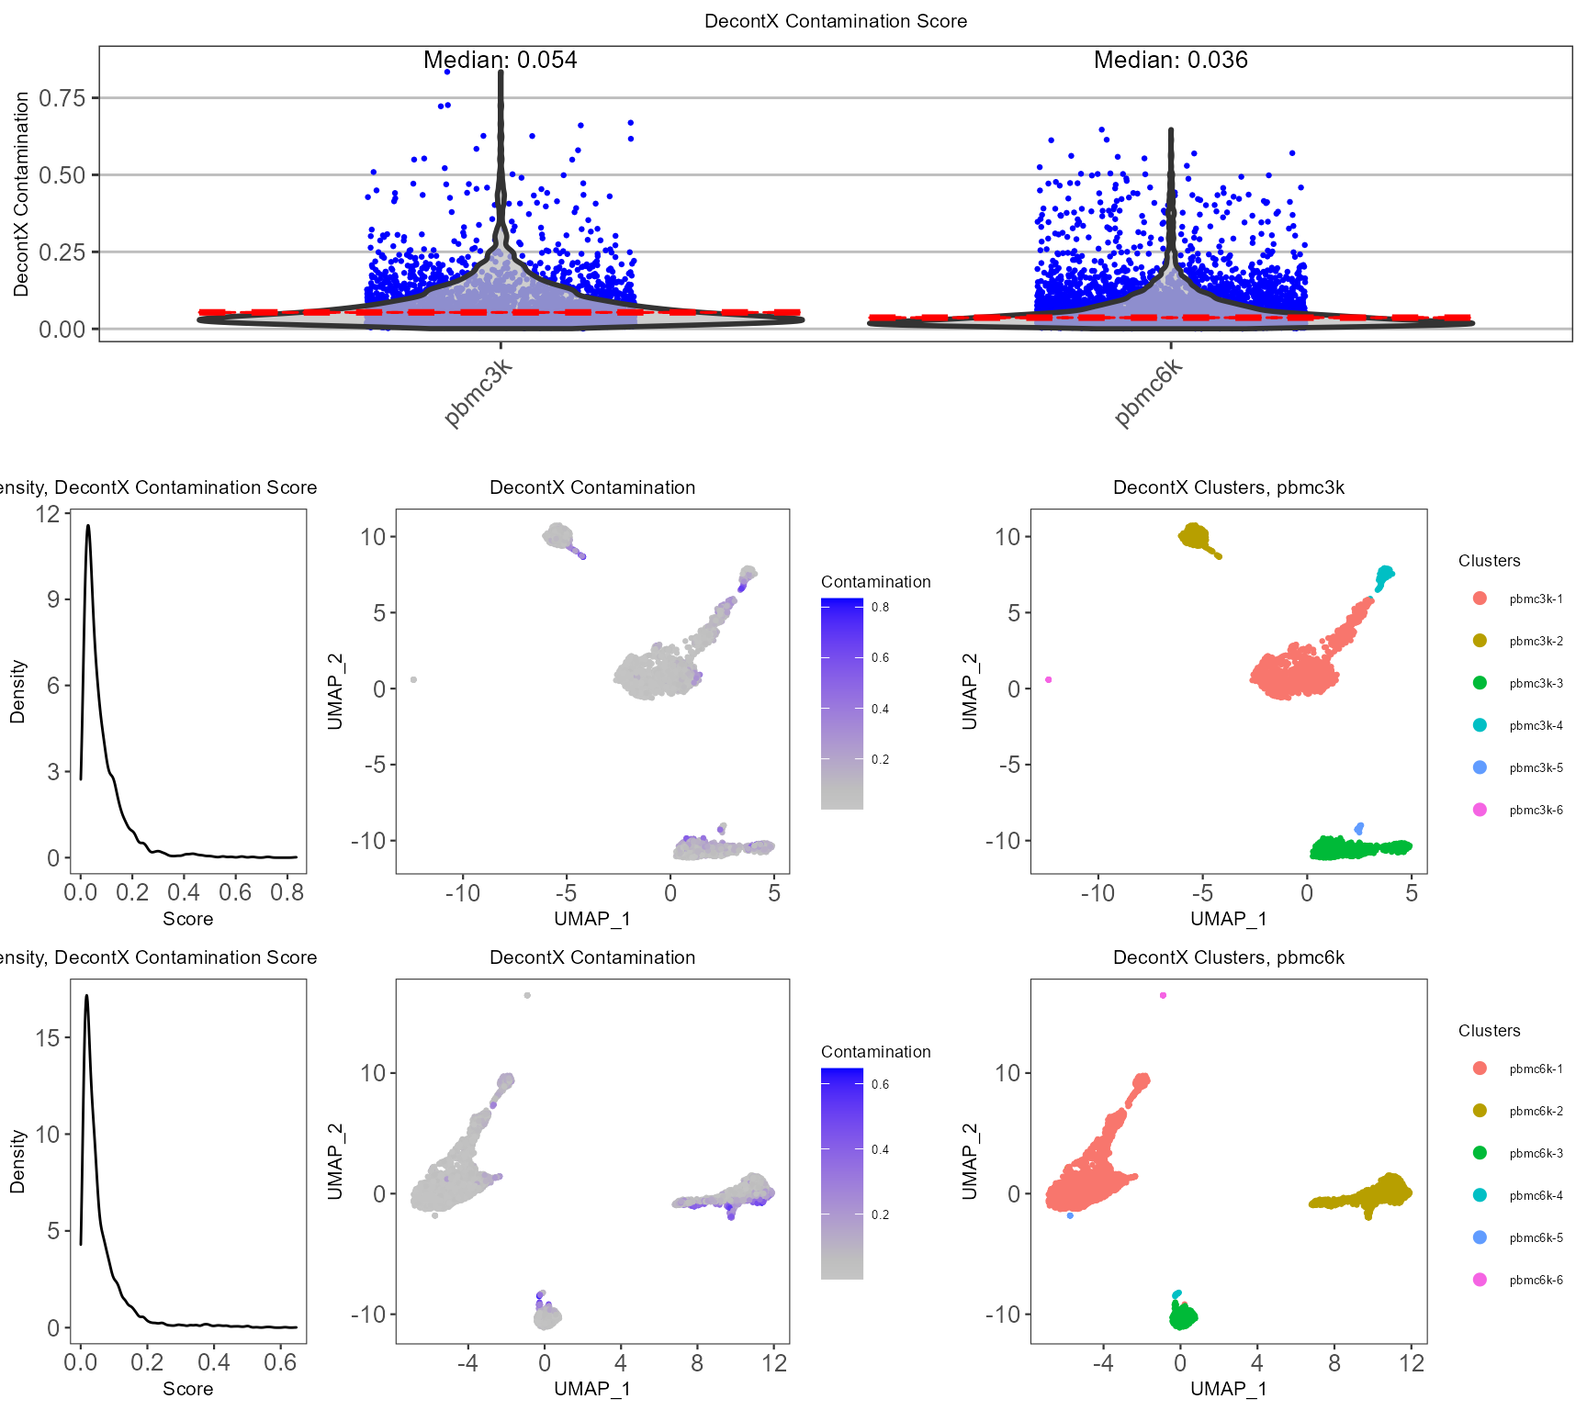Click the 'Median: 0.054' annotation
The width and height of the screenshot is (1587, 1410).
[x=500, y=61]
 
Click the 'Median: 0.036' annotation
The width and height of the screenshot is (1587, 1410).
[x=1170, y=61]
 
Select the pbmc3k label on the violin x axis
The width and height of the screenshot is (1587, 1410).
[x=478, y=394]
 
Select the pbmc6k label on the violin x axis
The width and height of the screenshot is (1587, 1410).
[x=1149, y=394]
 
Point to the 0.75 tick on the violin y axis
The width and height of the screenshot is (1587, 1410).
[x=62, y=97]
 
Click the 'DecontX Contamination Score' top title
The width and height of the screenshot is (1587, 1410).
[x=835, y=21]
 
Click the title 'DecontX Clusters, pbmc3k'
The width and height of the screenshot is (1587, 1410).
[x=1228, y=487]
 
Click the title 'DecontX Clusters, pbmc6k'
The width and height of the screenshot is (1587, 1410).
[x=1228, y=957]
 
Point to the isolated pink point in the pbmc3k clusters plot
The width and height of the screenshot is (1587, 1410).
[x=1048, y=680]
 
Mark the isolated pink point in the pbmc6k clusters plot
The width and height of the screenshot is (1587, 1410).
[x=1163, y=995]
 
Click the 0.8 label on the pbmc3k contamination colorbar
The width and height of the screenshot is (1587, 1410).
[x=880, y=608]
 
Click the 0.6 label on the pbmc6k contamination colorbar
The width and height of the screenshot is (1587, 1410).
[x=880, y=1085]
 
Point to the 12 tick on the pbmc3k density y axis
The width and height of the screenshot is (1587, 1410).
[x=48, y=514]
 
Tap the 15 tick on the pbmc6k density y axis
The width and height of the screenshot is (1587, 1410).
[x=48, y=1038]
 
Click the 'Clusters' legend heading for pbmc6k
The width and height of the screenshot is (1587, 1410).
[x=1489, y=1031]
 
